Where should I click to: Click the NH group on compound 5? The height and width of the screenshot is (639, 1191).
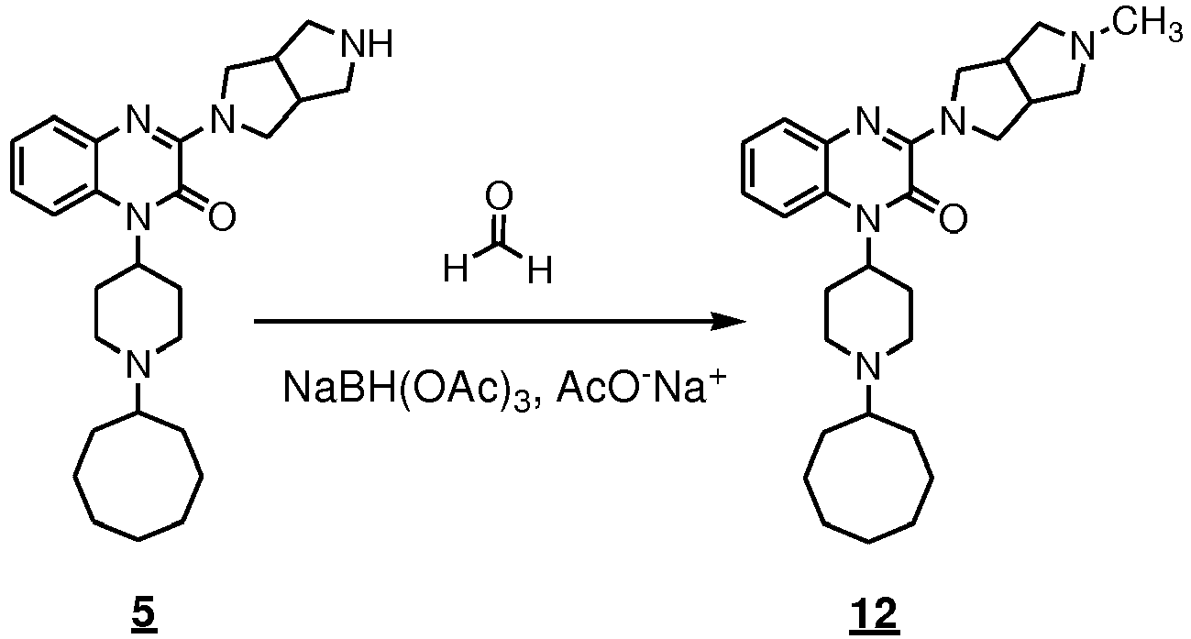(367, 43)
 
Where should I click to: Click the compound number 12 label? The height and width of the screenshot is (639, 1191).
(874, 613)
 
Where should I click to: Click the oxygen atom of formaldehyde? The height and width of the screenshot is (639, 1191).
(499, 197)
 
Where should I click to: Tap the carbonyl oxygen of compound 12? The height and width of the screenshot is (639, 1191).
(954, 217)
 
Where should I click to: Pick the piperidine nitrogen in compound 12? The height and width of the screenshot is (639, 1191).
(867, 365)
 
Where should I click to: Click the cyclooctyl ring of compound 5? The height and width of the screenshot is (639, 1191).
(74, 476)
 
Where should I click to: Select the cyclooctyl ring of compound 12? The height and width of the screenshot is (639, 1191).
(804, 478)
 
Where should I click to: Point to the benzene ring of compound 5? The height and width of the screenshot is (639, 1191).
(12, 165)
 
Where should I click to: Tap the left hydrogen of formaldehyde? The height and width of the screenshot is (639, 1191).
(457, 269)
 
